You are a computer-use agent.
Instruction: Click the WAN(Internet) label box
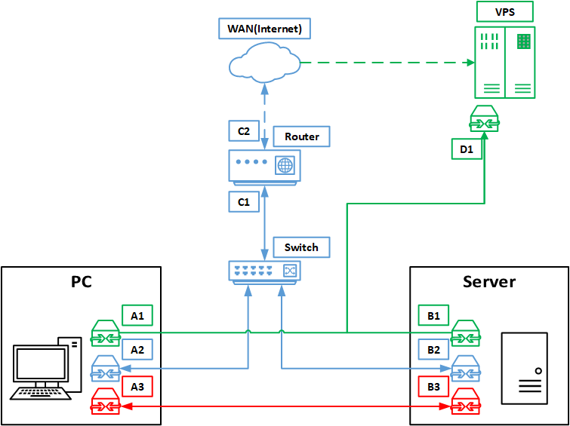264,29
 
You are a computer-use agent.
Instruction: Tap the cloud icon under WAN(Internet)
264,62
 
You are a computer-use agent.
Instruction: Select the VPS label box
504,12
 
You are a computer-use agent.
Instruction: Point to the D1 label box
467,149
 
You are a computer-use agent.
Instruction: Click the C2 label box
244,130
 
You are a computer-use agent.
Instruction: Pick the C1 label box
244,201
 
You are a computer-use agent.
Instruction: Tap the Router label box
301,136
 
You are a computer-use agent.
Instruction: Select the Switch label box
301,247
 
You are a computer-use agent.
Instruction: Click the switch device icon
264,271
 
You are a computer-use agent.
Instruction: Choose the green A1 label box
137,315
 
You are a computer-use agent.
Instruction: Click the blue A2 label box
137,350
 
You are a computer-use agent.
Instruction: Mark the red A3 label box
137,386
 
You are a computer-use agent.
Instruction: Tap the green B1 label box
433,315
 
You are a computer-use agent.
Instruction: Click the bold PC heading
82,282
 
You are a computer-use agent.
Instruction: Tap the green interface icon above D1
483,118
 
